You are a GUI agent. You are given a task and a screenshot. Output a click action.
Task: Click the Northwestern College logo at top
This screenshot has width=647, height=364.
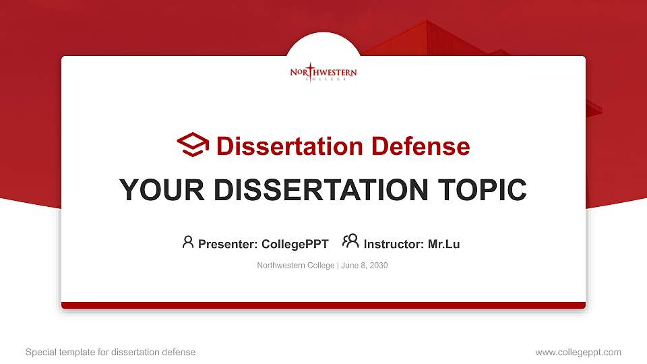point(323,73)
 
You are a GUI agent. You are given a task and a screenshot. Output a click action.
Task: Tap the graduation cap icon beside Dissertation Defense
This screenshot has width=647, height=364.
point(193,145)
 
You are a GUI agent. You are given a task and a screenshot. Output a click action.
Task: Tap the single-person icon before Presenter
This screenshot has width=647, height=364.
point(188,242)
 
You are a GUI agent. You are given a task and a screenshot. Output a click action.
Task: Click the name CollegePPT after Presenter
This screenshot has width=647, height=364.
point(295,244)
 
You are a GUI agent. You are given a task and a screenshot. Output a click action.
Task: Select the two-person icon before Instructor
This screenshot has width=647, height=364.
point(350,242)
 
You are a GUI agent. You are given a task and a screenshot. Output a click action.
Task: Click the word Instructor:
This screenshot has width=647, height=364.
point(394,244)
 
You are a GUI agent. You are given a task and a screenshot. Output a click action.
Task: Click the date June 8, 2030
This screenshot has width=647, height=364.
point(364,266)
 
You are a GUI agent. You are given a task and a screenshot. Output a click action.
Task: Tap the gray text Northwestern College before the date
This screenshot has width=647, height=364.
point(295,266)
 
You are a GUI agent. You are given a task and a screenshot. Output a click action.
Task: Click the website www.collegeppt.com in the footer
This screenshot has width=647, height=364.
point(578,352)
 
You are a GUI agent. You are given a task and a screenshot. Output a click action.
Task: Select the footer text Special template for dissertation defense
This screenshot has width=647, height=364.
point(111,352)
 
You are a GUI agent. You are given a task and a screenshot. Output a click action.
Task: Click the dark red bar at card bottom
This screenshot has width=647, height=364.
point(323,305)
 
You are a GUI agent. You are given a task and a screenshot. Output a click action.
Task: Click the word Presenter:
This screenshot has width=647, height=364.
point(228,244)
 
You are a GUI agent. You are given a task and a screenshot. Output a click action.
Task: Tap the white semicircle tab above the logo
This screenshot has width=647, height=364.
point(323,44)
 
